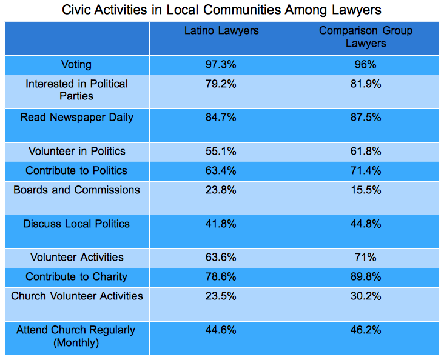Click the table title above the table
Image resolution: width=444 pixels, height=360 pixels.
pyautogui.click(x=222, y=10)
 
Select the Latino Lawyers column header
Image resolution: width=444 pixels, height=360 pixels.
pyautogui.click(x=221, y=31)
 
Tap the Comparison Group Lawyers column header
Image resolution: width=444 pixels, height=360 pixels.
pyautogui.click(x=366, y=37)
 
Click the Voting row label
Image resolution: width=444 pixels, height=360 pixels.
pyautogui.click(x=76, y=65)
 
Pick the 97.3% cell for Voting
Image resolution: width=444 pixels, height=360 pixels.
pyautogui.click(x=221, y=65)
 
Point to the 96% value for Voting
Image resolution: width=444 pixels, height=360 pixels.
pyautogui.click(x=366, y=65)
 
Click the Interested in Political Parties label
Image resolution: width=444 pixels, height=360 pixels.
pyautogui.click(x=76, y=90)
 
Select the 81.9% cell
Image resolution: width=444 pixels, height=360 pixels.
pyautogui.click(x=366, y=84)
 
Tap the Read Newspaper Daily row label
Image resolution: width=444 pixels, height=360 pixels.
pyautogui.click(x=76, y=118)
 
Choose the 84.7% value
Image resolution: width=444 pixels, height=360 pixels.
pyautogui.click(x=221, y=118)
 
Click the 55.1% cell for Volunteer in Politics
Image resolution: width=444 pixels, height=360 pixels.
pyautogui.click(x=221, y=152)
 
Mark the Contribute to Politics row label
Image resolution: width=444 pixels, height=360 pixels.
pyautogui.click(x=76, y=171)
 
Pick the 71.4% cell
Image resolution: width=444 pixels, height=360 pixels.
pyautogui.click(x=366, y=171)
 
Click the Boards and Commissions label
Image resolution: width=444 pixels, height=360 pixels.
pyautogui.click(x=76, y=190)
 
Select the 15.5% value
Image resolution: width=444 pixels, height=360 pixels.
pyautogui.click(x=366, y=190)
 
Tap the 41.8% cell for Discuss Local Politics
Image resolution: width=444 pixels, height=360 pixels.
pyautogui.click(x=221, y=224)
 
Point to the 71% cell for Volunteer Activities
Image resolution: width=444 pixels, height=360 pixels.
pyautogui.click(x=366, y=258)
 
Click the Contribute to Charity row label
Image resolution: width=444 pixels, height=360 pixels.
pyautogui.click(x=76, y=277)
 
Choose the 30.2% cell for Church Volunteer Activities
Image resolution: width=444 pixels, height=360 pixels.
pyautogui.click(x=366, y=296)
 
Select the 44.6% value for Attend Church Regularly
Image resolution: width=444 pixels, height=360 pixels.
pyautogui.click(x=221, y=330)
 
